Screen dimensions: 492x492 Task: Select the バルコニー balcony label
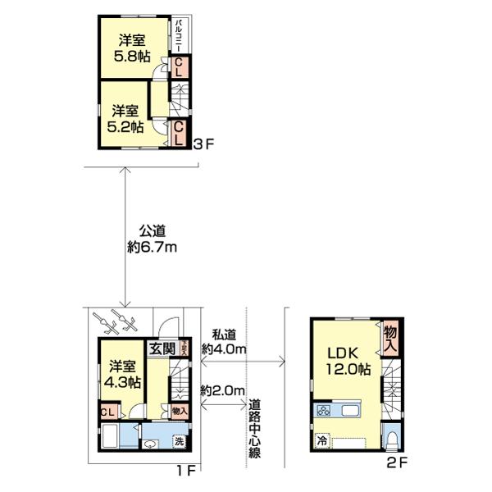(x=178, y=34)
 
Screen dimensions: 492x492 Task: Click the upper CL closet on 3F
(x=179, y=67)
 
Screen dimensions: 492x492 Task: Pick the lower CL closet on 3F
(x=179, y=133)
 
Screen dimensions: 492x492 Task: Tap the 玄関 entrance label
(x=162, y=348)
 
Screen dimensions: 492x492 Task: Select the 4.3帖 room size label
(x=123, y=383)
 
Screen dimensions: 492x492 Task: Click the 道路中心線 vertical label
(x=254, y=428)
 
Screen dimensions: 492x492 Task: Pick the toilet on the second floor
(x=392, y=440)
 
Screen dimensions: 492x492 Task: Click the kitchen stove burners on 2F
(x=323, y=411)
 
